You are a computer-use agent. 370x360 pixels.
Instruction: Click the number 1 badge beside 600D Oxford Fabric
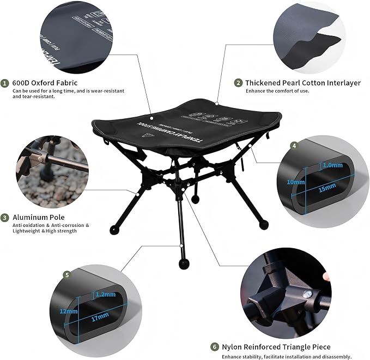click(5, 83)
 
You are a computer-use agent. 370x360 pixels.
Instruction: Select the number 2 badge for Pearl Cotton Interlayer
click(238, 83)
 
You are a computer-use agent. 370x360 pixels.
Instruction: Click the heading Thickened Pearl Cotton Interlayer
click(302, 83)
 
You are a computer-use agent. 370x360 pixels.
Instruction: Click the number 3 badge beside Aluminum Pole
click(5, 217)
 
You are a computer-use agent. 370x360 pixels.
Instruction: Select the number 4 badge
click(294, 146)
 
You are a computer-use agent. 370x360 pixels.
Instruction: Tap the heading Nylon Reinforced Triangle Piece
click(275, 347)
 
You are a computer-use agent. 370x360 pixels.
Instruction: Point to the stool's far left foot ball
click(114, 229)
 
